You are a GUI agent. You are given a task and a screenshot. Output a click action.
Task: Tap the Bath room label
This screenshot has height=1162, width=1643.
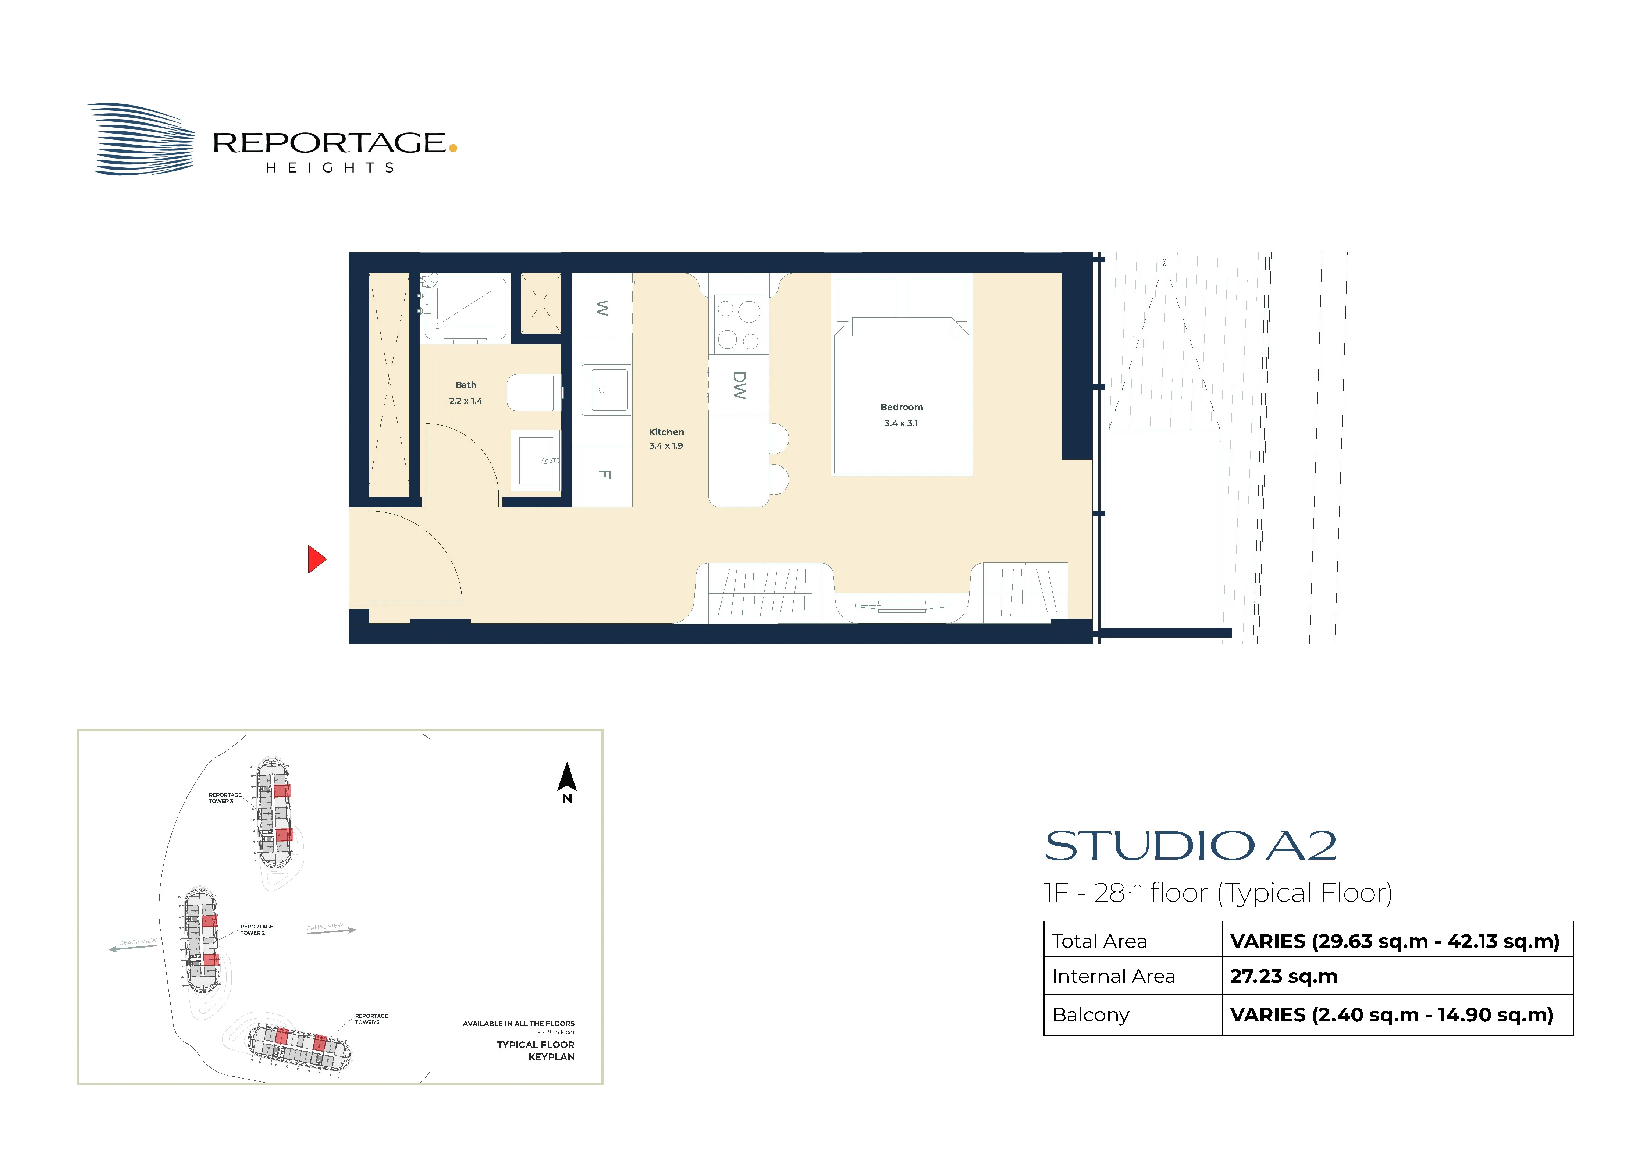coord(466,385)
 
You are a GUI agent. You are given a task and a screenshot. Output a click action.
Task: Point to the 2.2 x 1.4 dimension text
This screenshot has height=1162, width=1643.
coord(466,401)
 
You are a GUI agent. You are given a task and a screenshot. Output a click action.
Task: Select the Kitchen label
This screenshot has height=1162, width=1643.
coord(666,432)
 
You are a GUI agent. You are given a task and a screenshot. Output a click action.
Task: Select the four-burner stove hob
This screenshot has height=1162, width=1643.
coord(739,324)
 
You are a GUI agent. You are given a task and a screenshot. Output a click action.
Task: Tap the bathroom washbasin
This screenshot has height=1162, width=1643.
coord(536,460)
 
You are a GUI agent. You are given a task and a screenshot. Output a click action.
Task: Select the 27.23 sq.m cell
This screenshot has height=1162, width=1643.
coord(1284,976)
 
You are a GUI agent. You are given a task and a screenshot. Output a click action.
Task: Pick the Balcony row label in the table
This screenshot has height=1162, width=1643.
coord(1091,1014)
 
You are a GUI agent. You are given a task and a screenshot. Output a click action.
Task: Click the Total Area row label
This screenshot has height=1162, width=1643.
coord(1099,941)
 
